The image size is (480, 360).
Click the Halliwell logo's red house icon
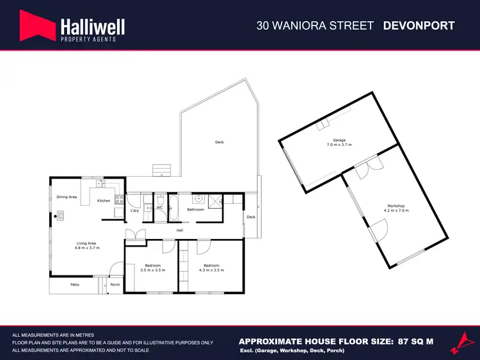pos(36,26)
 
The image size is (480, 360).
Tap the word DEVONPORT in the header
pos(419,26)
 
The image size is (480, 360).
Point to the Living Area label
pos(86,244)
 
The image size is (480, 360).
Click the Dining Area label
pos(67,197)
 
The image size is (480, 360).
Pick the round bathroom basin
pos(199,198)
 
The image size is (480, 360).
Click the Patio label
pos(74,284)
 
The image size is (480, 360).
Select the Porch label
pos(115,284)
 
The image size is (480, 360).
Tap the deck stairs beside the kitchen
pos(161,170)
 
